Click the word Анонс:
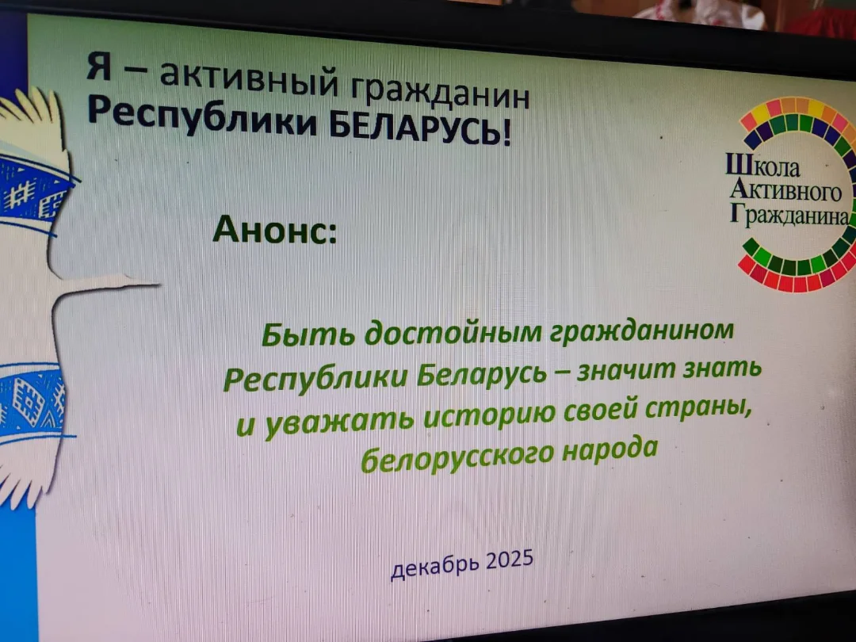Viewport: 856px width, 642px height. click(x=274, y=229)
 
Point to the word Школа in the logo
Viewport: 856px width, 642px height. click(x=762, y=166)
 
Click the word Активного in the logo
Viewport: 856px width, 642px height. click(x=785, y=191)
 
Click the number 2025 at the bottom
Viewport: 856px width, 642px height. click(x=508, y=561)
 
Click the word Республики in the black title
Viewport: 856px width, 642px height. click(x=203, y=117)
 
